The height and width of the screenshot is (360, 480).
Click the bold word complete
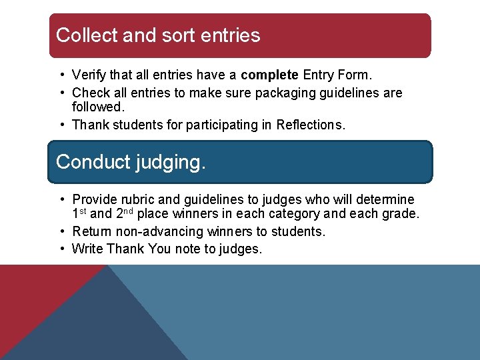coord(270,75)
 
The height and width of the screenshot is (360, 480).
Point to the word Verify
coord(89,75)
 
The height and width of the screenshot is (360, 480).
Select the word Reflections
coord(311,125)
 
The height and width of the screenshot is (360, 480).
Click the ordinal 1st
coord(79,214)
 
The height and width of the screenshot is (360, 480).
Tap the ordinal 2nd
coord(125,214)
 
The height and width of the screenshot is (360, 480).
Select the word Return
coord(91,231)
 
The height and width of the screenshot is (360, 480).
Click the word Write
coord(87,249)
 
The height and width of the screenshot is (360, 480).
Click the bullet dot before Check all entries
coord(61,93)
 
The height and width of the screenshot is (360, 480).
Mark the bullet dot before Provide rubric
coord(61,199)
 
